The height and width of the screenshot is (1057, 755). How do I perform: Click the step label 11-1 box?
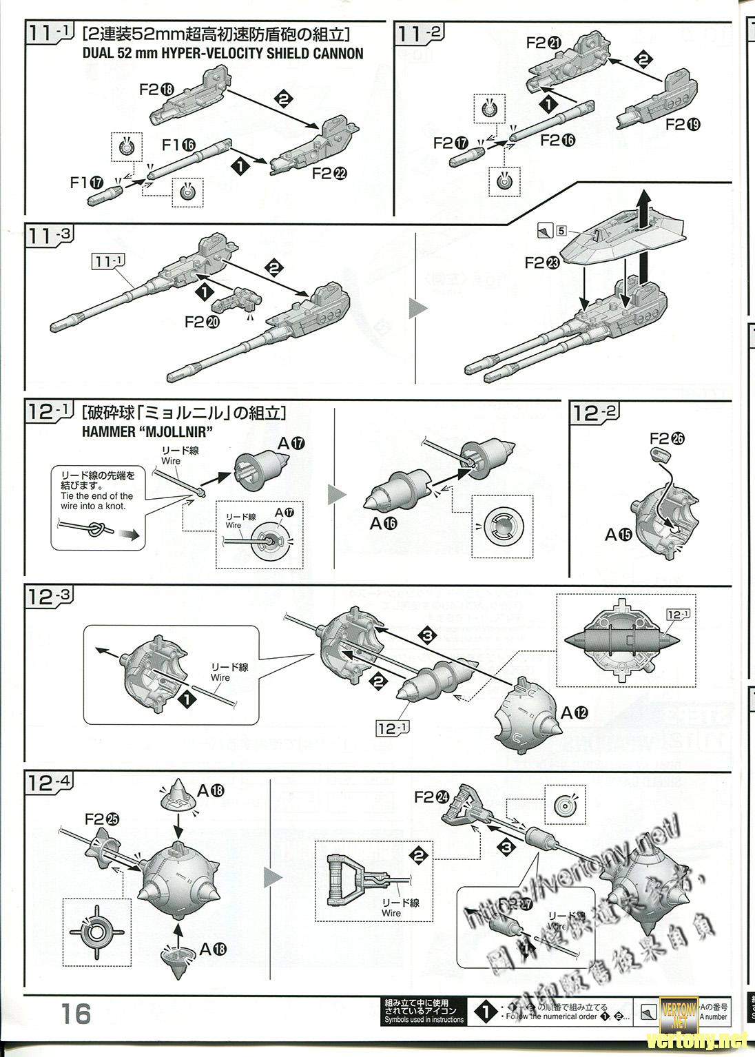pos(49,34)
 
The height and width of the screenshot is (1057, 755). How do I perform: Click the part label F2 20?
pos(204,321)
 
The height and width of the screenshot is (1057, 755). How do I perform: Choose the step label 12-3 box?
pos(49,597)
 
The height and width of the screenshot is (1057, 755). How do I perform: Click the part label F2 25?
pos(102,819)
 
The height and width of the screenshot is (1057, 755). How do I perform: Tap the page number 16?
pos(75,1014)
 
